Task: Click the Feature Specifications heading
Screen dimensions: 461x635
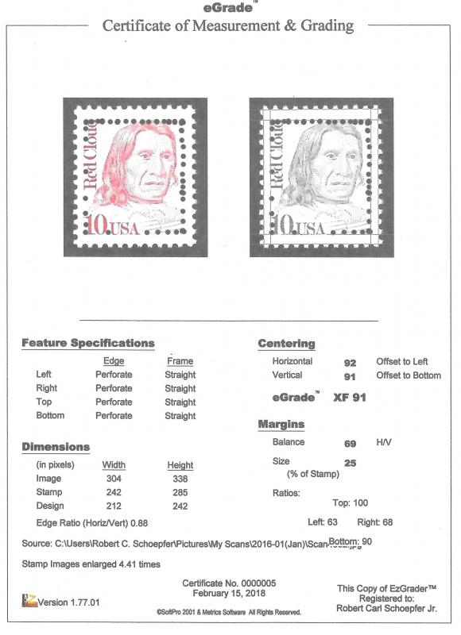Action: [x=87, y=343]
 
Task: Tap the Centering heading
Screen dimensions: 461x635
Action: [x=286, y=344]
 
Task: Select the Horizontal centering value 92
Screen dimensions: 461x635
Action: [x=350, y=362]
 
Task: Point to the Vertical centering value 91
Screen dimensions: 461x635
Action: [x=350, y=376]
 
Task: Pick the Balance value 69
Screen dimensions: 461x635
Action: [x=350, y=442]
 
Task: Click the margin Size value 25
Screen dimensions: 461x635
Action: [x=350, y=461]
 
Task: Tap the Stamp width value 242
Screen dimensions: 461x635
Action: [x=114, y=492]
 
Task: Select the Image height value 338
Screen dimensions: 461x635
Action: [x=180, y=479]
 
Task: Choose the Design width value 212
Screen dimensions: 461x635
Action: [x=114, y=506]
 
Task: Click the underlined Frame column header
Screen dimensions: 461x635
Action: [x=180, y=360]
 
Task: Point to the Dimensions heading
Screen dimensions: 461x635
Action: [x=56, y=447]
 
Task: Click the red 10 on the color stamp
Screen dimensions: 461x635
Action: [x=97, y=225]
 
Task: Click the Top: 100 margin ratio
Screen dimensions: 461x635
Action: [x=350, y=502]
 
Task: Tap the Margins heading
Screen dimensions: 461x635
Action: [x=282, y=425]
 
